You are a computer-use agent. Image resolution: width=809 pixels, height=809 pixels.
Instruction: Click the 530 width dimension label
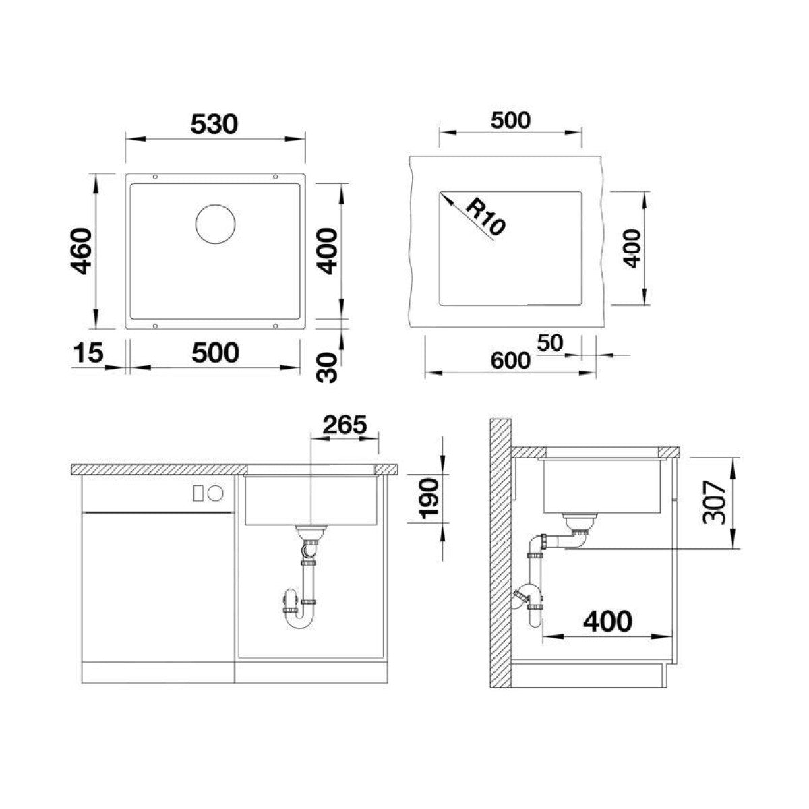point(214,124)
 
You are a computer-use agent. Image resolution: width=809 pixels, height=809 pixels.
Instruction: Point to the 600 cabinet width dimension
point(510,361)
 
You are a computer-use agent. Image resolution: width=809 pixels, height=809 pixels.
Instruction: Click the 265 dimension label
point(344,425)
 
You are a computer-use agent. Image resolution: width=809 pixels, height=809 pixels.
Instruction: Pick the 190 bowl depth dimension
point(429,499)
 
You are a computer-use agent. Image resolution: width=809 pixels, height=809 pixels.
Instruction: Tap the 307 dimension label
point(714,502)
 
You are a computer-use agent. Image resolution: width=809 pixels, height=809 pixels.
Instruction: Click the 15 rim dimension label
point(88,352)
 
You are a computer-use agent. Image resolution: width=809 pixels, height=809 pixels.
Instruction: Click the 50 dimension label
point(550,342)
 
